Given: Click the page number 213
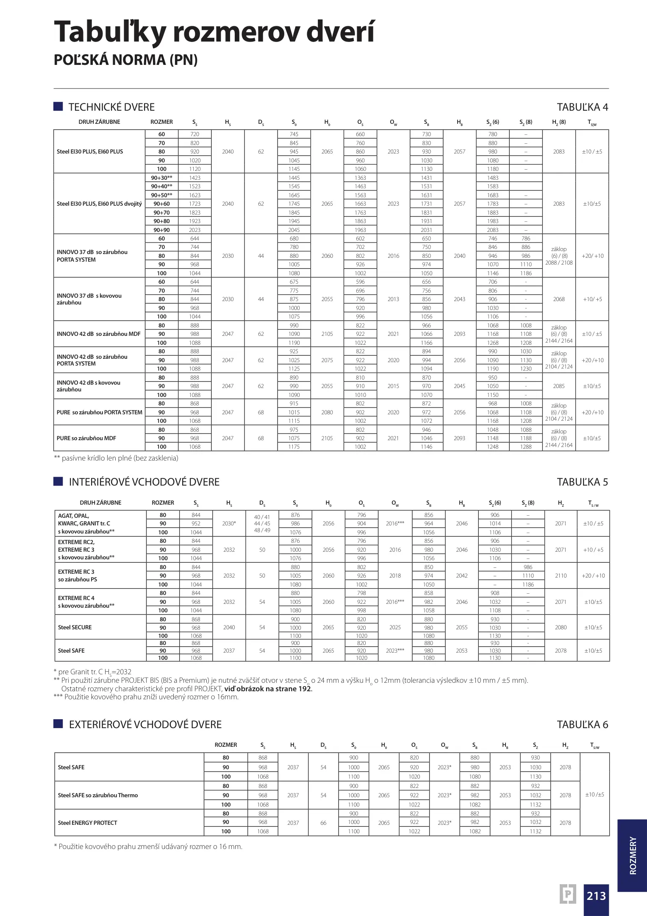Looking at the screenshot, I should click(596, 896).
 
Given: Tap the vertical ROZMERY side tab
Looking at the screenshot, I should click(633, 855).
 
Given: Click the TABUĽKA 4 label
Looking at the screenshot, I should click(582, 107).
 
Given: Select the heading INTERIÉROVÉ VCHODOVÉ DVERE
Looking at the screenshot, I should click(144, 482).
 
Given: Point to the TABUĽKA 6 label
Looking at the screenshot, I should click(582, 725).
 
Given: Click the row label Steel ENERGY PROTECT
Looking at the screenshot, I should click(87, 823).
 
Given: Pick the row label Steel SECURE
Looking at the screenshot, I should click(75, 627).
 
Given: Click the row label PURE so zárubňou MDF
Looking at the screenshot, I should click(86, 438).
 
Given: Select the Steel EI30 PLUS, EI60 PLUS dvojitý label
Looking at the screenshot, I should click(99, 204).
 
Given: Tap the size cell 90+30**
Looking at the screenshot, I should click(161, 178).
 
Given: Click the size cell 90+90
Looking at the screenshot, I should click(161, 230).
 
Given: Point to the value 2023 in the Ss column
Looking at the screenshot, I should click(194, 230).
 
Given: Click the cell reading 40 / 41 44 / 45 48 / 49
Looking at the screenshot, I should click(262, 524).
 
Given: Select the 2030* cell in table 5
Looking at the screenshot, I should click(229, 524).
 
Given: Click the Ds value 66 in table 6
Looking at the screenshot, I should click(323, 823).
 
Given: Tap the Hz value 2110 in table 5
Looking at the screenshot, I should click(561, 575).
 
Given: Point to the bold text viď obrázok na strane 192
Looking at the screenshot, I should click(268, 689).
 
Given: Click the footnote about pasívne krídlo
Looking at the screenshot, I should click(116, 458).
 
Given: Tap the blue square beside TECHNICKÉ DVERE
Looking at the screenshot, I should click(58, 106).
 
